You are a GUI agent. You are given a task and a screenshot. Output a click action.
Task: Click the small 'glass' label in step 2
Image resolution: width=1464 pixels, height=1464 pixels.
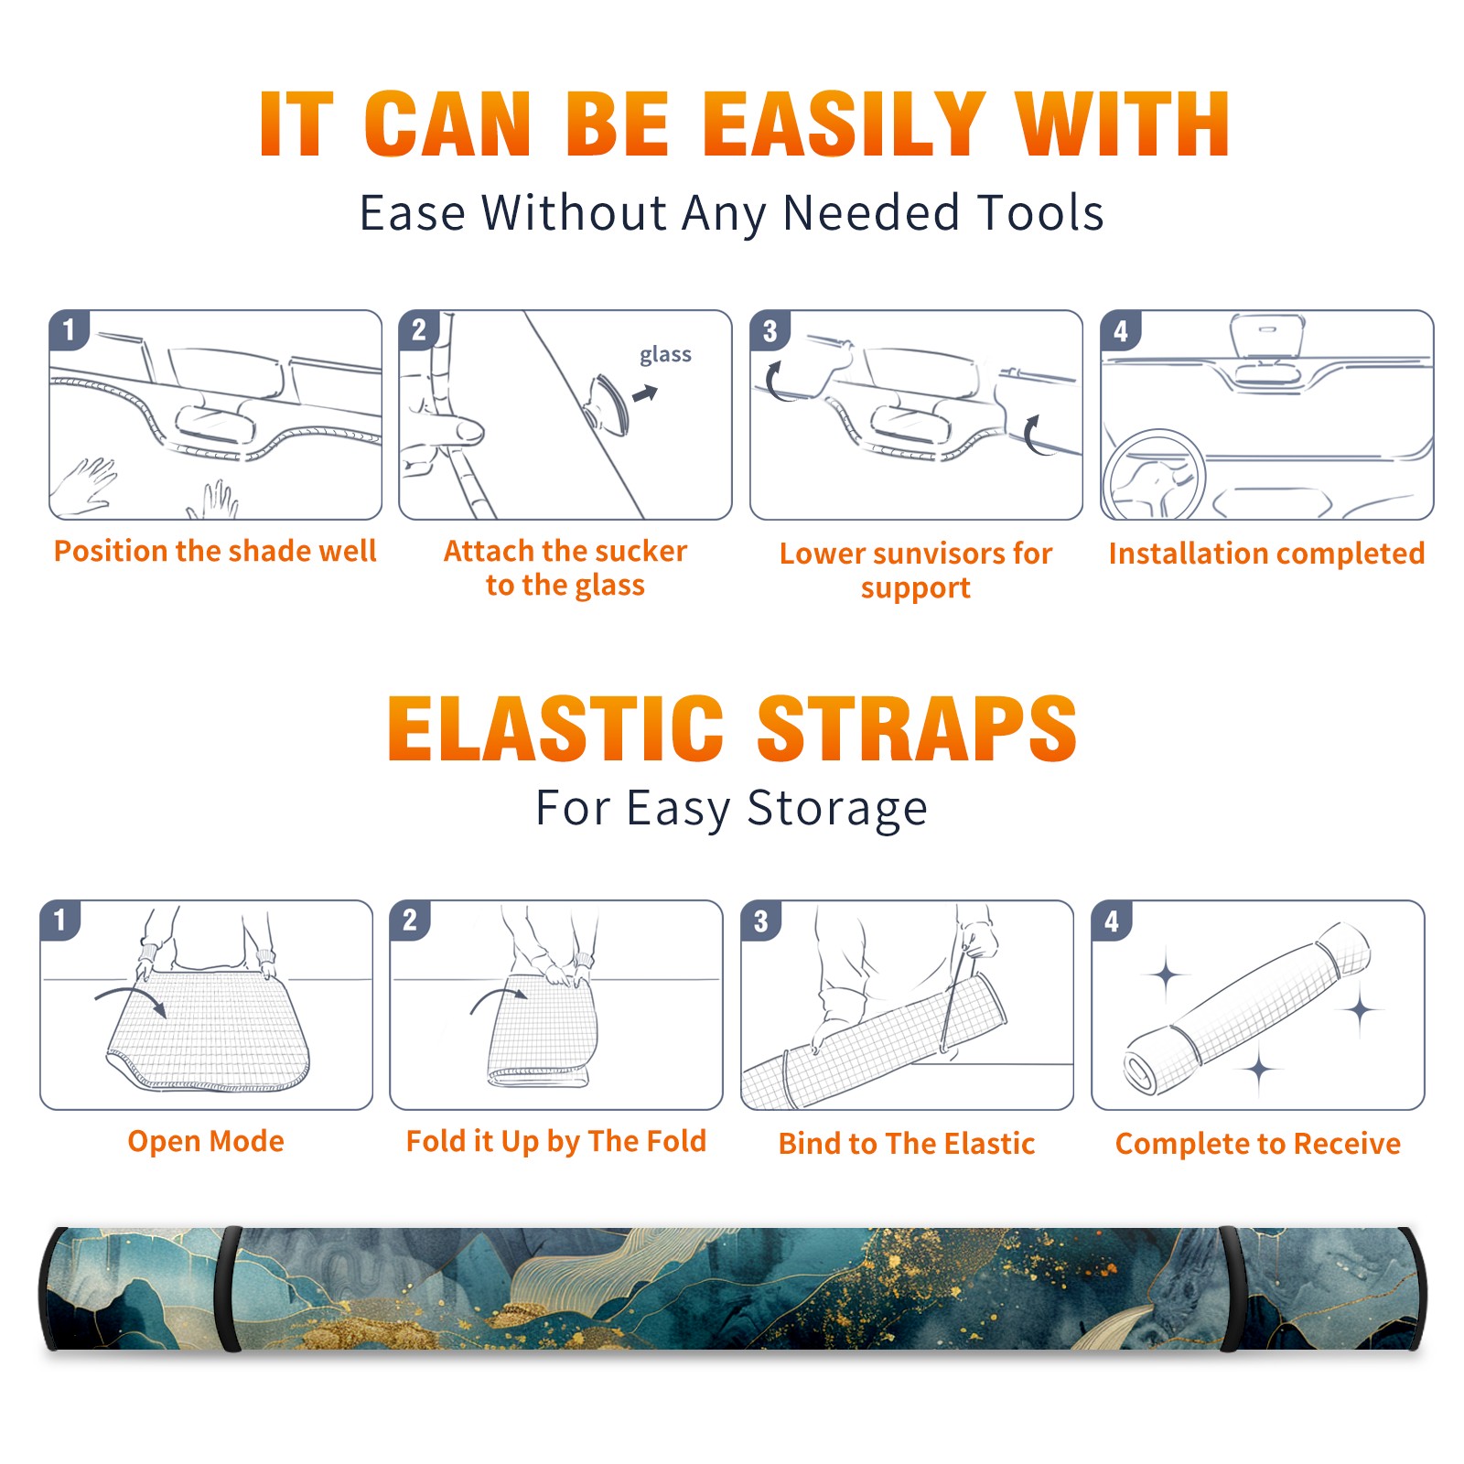click(665, 355)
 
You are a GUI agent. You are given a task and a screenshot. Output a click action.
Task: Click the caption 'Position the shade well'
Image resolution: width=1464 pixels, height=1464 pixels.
click(215, 551)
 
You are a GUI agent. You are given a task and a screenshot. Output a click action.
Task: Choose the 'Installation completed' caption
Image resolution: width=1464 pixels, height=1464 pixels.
click(1266, 554)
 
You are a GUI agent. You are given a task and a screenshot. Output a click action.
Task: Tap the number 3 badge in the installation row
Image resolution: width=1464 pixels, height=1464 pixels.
click(770, 331)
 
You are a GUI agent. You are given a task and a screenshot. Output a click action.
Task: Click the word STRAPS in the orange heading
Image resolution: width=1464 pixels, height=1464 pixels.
click(917, 728)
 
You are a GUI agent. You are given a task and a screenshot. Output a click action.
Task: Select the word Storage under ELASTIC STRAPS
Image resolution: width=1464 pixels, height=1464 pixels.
click(837, 809)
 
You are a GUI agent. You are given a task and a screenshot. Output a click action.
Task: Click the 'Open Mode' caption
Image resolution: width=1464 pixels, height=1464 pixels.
click(206, 1141)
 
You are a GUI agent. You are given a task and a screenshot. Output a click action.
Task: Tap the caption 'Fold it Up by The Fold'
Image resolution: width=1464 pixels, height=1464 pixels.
click(556, 1142)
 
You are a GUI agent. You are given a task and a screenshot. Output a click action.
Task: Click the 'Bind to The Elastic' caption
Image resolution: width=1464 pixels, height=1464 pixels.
click(907, 1144)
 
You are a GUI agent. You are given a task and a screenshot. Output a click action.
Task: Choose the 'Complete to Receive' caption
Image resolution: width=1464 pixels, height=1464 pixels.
click(1258, 1144)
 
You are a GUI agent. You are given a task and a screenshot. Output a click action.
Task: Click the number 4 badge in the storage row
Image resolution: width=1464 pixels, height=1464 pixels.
click(1112, 921)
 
